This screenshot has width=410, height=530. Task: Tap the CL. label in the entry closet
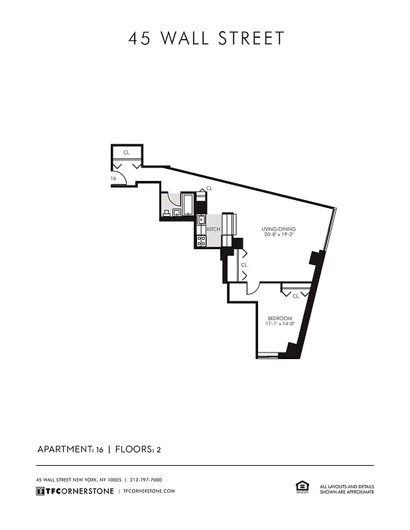127,152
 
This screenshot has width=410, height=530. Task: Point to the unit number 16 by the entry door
113,178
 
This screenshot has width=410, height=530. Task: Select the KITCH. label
214,229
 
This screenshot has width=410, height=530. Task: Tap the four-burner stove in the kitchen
202,240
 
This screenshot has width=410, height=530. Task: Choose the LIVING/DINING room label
279,229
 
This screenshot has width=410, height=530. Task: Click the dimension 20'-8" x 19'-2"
279,235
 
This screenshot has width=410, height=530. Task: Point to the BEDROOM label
279,318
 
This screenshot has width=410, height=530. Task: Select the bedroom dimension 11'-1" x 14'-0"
279,325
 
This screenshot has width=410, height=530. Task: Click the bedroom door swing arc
253,289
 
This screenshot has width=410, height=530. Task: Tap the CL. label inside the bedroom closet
296,295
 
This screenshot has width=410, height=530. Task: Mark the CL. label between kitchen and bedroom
244,264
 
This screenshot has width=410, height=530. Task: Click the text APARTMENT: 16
70,449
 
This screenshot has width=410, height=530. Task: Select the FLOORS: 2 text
139,449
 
